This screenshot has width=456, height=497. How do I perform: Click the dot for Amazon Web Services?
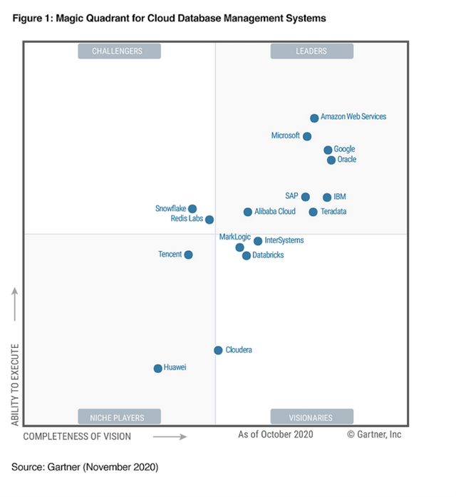pyautogui.click(x=314, y=118)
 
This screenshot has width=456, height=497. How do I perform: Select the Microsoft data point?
pyautogui.click(x=307, y=136)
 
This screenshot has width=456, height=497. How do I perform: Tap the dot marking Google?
pyautogui.click(x=328, y=150)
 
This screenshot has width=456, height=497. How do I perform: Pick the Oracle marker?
pyautogui.click(x=331, y=160)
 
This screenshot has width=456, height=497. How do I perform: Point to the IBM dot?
pyautogui.click(x=327, y=198)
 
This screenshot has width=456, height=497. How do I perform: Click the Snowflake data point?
pyautogui.click(x=192, y=209)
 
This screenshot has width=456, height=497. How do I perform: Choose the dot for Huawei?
pyautogui.click(x=158, y=369)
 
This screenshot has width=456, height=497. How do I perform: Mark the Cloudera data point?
pyautogui.click(x=218, y=350)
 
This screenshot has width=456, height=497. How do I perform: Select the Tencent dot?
pyautogui.click(x=188, y=255)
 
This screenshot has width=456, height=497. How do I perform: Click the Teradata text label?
pyautogui.click(x=333, y=212)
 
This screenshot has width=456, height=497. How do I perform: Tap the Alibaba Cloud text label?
pyautogui.click(x=275, y=212)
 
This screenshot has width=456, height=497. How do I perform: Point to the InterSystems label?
pyautogui.click(x=284, y=240)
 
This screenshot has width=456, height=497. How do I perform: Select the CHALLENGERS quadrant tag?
pyautogui.click(x=119, y=51)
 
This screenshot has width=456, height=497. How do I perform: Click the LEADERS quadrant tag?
pyautogui.click(x=311, y=51)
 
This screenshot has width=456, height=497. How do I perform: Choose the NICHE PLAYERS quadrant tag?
pyautogui.click(x=119, y=417)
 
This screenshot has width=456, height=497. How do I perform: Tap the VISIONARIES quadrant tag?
pyautogui.click(x=311, y=417)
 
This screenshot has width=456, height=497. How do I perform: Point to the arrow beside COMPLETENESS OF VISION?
pyautogui.click(x=170, y=436)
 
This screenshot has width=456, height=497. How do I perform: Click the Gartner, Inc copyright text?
pyautogui.click(x=374, y=434)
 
